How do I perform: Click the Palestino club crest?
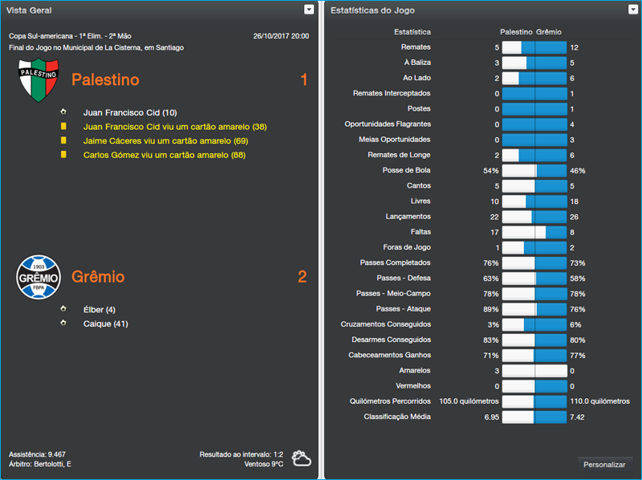pyautogui.click(x=38, y=79)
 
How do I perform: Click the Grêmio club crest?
pyautogui.click(x=38, y=277)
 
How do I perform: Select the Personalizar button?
pyautogui.click(x=604, y=465)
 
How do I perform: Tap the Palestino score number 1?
pyautogui.click(x=303, y=79)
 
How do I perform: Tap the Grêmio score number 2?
pyautogui.click(x=303, y=277)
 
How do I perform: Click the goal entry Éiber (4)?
pyautogui.click(x=100, y=310)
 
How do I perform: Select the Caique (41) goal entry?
pyautogui.click(x=105, y=324)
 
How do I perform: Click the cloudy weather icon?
pyautogui.click(x=302, y=458)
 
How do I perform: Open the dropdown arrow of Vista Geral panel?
pyautogui.click(x=309, y=10)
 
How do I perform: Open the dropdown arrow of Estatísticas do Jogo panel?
pyautogui.click(x=633, y=10)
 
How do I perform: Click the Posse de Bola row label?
pyautogui.click(x=406, y=170)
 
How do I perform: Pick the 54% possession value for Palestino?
pyautogui.click(x=490, y=171)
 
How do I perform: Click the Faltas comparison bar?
pyautogui.click(x=534, y=232)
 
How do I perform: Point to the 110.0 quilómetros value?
pyautogui.click(x=599, y=401)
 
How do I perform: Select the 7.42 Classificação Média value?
pyautogui.click(x=577, y=417)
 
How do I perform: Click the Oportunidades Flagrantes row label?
pyautogui.click(x=388, y=124)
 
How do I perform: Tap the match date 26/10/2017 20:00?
pyautogui.click(x=280, y=36)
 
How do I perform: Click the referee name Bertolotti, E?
pyautogui.click(x=53, y=464)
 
